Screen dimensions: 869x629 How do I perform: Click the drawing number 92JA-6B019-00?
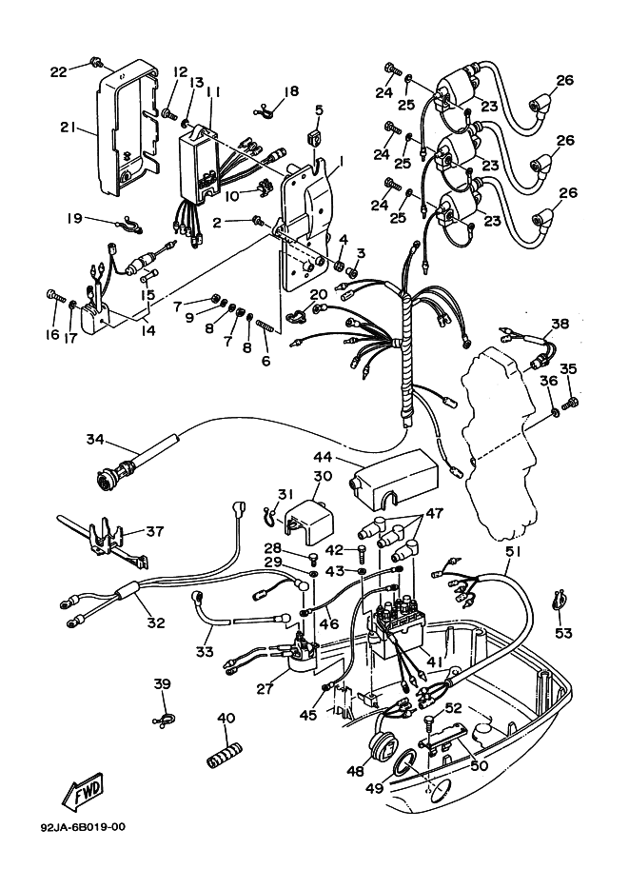coord(83,826)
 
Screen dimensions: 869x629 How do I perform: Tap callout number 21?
coord(67,128)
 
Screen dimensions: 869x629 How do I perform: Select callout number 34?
coord(94,439)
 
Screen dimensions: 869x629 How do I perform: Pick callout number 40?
coord(226,718)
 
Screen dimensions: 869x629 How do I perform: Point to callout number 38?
coord(560,324)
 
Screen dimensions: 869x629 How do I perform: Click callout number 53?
coord(563,633)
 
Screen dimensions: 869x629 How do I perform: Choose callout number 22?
coord(58,71)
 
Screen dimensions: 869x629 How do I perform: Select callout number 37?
coord(155,530)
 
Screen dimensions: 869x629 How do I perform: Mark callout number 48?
coord(355,772)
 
